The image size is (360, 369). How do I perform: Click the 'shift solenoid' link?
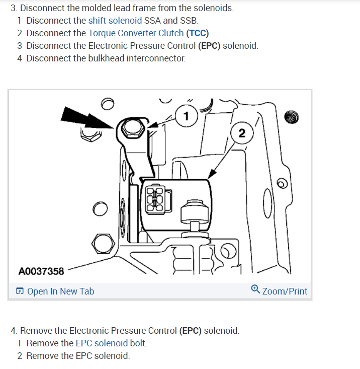coord(115,21)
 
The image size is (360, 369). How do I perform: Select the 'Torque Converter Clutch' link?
coord(136,33)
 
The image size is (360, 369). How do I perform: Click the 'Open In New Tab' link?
coord(60,291)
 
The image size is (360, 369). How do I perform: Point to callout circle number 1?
coord(187,117)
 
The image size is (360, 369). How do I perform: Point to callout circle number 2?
coord(242,133)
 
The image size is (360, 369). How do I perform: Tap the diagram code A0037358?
coord(41,271)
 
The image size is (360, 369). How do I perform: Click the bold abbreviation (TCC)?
coord(198,33)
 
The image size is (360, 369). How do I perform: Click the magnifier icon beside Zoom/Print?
coord(255,290)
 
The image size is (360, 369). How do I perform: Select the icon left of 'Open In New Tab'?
coord(20,291)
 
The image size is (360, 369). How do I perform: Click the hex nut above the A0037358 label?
coord(102,244)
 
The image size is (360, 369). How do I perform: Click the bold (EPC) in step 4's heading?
coord(191,331)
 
